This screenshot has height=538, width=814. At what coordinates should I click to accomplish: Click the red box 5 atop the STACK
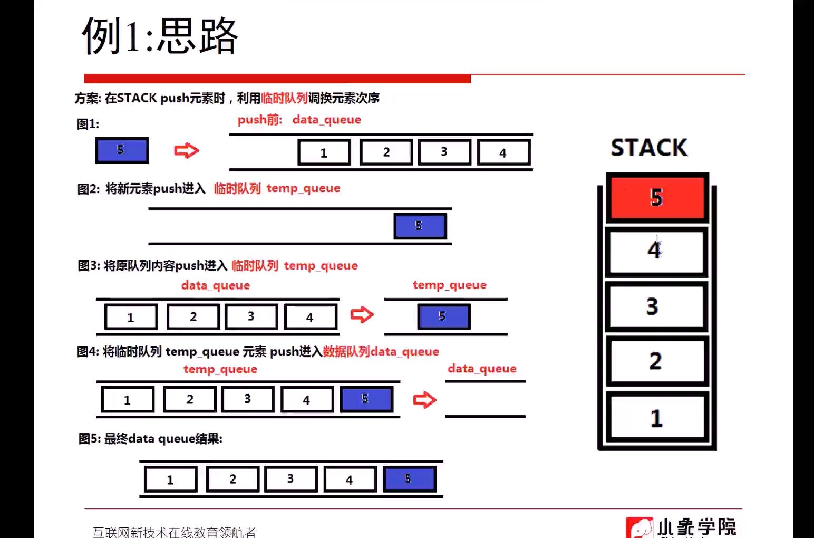(x=657, y=197)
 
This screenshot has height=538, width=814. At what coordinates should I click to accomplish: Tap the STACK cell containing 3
(x=656, y=306)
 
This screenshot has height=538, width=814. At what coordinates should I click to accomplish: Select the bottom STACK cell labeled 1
(x=656, y=417)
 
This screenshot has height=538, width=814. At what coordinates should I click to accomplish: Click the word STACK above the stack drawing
(x=649, y=148)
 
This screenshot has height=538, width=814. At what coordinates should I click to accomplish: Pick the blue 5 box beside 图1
(x=122, y=150)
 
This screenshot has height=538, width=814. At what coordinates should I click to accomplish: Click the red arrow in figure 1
(x=187, y=151)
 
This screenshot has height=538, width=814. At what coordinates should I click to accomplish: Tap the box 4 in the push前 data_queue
(x=503, y=152)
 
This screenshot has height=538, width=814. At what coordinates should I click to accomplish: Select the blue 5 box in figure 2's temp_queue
(x=420, y=226)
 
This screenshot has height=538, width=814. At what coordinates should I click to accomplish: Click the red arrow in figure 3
(x=362, y=315)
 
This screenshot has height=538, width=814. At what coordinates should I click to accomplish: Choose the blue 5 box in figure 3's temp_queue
(x=443, y=316)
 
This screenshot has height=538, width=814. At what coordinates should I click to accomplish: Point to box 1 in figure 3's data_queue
(x=131, y=317)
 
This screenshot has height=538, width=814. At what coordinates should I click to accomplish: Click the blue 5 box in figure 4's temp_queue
(x=366, y=399)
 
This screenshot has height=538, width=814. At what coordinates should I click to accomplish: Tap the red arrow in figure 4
(x=424, y=400)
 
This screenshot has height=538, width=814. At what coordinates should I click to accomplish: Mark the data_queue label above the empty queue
(x=482, y=368)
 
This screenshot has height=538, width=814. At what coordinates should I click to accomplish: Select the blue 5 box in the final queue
(x=409, y=479)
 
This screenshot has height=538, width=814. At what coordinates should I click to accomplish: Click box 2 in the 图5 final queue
(x=232, y=479)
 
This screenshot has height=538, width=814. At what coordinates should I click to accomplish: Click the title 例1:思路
(x=160, y=36)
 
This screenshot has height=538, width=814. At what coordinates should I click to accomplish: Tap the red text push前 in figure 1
(x=260, y=120)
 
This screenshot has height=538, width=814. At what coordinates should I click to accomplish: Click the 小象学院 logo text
(x=696, y=527)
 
